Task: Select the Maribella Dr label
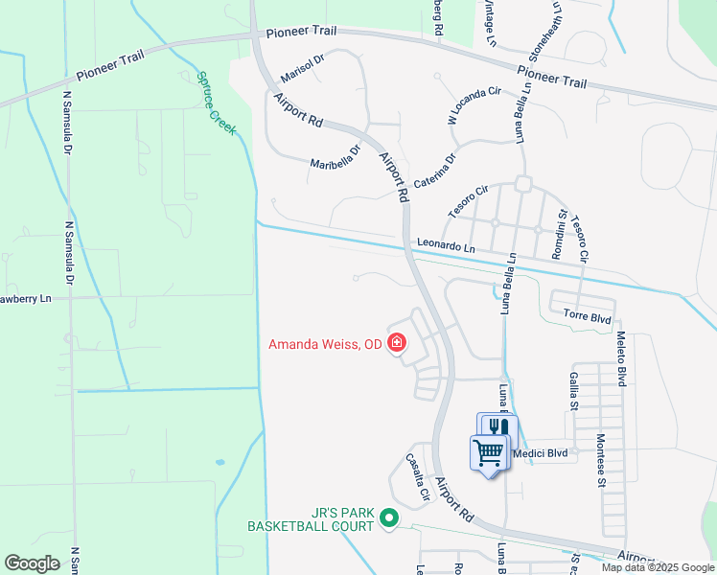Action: (334, 158)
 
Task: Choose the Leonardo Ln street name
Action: (445, 247)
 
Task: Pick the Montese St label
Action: (600, 459)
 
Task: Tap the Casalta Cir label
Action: (416, 477)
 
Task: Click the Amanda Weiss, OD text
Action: (326, 344)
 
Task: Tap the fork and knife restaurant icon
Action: (497, 427)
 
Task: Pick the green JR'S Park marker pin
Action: (388, 518)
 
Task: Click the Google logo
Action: (32, 563)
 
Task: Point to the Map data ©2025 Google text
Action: (657, 567)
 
